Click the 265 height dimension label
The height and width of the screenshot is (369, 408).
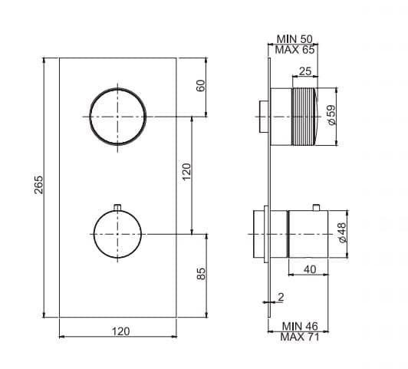[x=39, y=185]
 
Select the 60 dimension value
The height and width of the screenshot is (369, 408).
[x=201, y=86]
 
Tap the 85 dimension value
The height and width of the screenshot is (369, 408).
[x=201, y=274]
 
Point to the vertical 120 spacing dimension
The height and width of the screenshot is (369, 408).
[x=186, y=172]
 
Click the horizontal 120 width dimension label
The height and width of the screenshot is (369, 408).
[x=120, y=331]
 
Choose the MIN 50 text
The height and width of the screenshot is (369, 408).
[x=294, y=39]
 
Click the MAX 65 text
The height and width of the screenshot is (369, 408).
[x=294, y=49]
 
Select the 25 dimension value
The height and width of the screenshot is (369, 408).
[x=305, y=71]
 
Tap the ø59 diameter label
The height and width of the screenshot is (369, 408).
[x=331, y=115]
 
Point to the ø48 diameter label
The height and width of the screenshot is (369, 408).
[x=342, y=232]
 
